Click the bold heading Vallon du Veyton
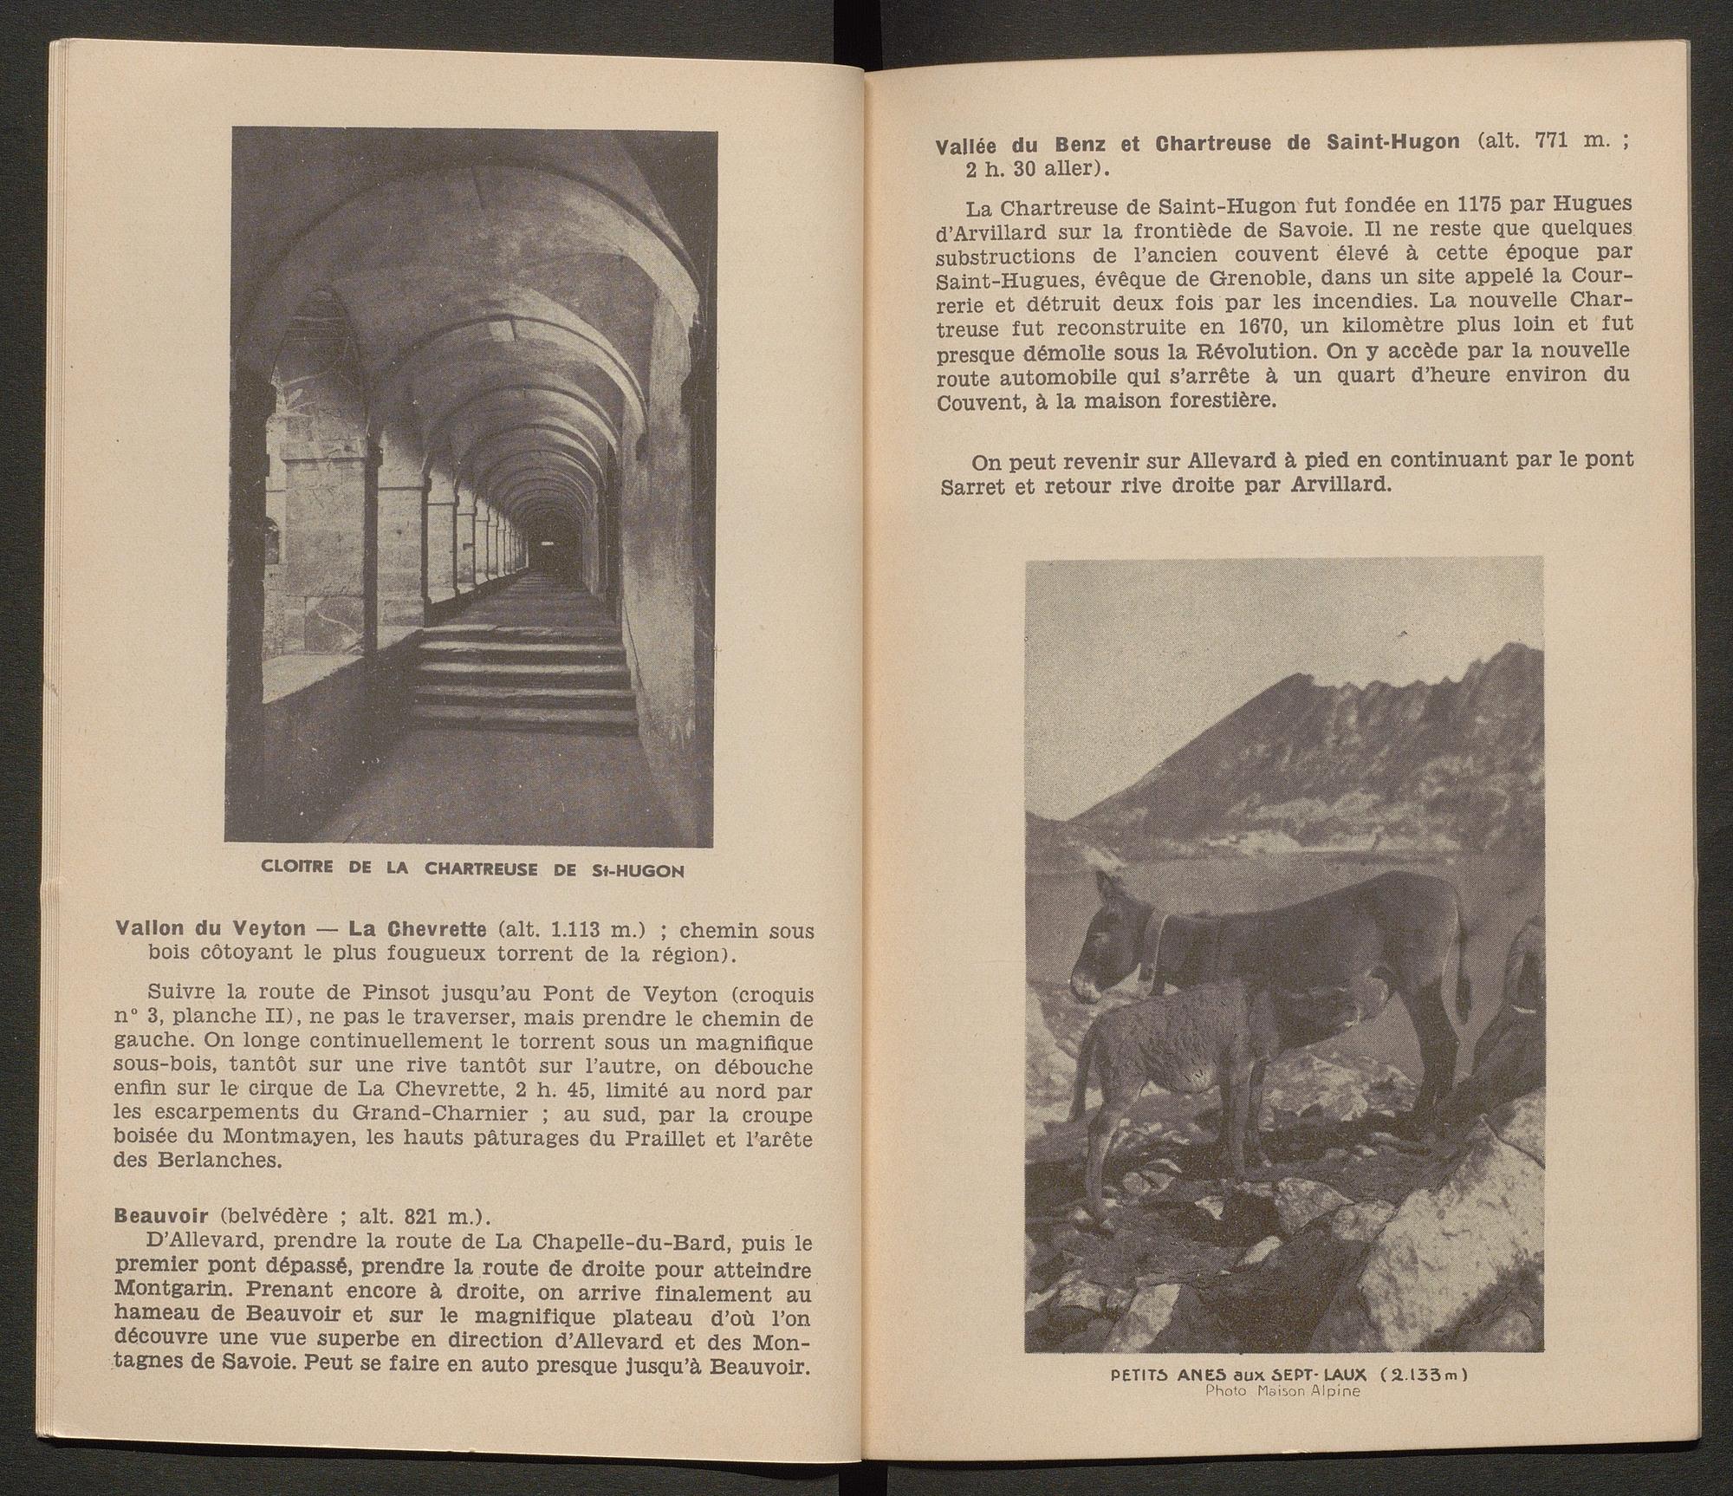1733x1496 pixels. click(210, 930)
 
